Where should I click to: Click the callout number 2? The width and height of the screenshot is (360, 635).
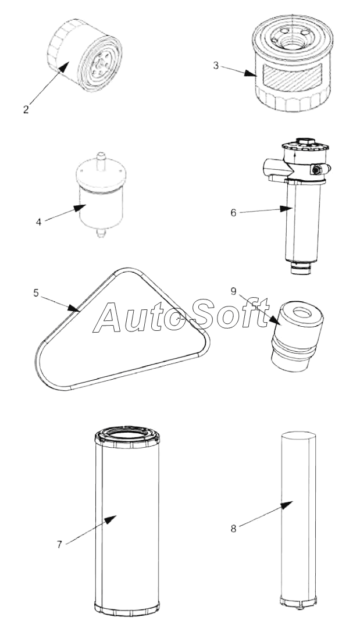click(26, 110)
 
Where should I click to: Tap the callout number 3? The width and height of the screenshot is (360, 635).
click(216, 66)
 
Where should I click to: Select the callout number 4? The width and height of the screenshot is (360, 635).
click(38, 222)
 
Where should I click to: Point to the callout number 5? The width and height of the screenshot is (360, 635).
click(36, 293)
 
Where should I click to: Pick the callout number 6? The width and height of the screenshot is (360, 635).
click(233, 213)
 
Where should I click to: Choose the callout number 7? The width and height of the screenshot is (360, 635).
click(59, 545)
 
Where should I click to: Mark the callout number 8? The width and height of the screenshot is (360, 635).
click(233, 529)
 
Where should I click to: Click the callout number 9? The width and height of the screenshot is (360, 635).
click(233, 291)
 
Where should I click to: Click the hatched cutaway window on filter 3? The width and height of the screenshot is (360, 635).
click(293, 77)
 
